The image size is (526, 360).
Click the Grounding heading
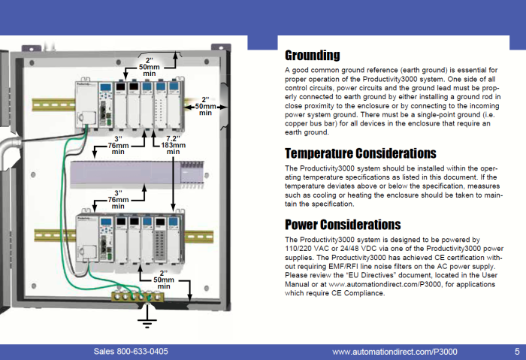312,55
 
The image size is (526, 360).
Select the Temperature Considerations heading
360,153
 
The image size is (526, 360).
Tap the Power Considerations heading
343,224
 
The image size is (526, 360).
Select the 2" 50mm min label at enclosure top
149,67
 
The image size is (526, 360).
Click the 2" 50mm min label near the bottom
164,280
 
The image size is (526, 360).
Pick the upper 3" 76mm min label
118,145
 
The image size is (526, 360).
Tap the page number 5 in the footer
517,352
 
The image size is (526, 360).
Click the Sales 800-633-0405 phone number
131,352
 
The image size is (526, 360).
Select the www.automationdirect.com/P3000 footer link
394,352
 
